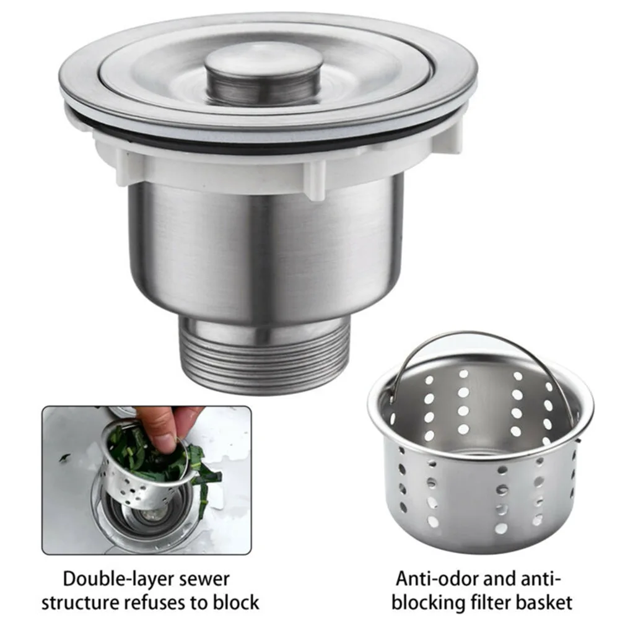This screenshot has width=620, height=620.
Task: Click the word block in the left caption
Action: pos(236,602)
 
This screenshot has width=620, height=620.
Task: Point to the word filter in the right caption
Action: pos(489,602)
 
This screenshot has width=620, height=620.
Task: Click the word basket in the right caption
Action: pos(545,602)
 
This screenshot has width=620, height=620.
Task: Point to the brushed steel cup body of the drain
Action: pos(266,248)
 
